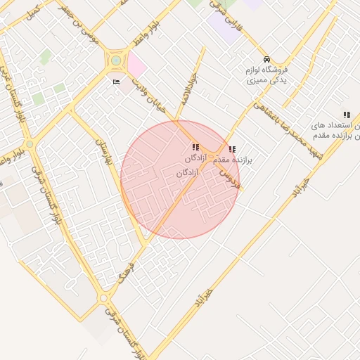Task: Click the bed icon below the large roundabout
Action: click(x=116, y=82)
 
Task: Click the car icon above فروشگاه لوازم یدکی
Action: click(x=266, y=60)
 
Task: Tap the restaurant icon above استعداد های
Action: click(x=346, y=115)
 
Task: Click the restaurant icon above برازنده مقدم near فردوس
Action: click(x=232, y=149)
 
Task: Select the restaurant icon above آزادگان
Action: click(x=195, y=147)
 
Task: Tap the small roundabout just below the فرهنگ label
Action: click(x=104, y=299)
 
